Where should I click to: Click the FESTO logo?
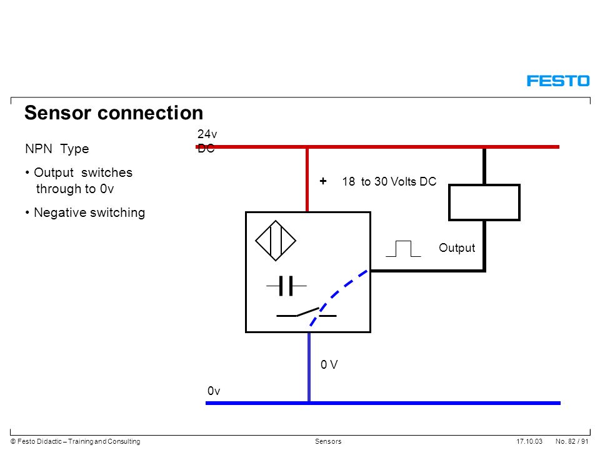click(558, 81)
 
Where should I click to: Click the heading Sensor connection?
click(114, 113)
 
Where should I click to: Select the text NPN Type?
click(57, 149)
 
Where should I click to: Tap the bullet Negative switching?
click(86, 212)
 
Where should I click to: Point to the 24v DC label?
click(207, 141)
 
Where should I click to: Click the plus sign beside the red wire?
click(323, 181)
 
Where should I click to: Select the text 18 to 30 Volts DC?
click(389, 181)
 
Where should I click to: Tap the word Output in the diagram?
click(457, 248)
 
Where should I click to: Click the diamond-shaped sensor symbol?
click(276, 241)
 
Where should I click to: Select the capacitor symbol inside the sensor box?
click(286, 286)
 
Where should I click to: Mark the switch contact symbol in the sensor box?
click(306, 313)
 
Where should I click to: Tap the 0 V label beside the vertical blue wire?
click(329, 364)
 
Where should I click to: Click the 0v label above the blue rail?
click(214, 391)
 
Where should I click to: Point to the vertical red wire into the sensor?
click(307, 180)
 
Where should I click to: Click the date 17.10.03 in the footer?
click(529, 441)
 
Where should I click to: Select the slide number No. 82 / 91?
click(572, 441)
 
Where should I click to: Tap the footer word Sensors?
click(328, 441)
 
